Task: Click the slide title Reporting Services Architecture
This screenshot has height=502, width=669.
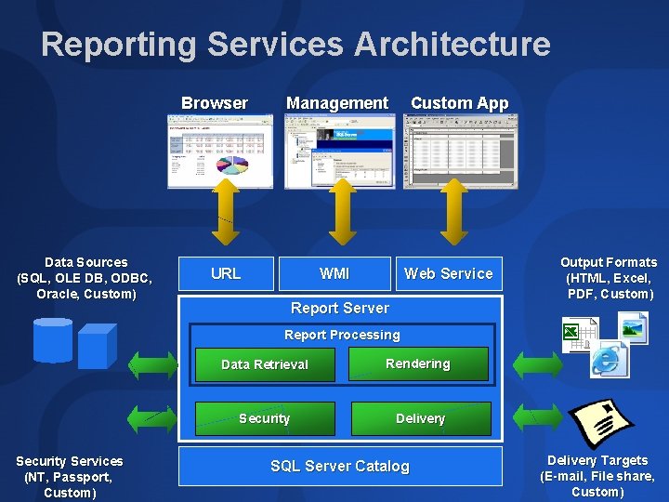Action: pyautogui.click(x=295, y=45)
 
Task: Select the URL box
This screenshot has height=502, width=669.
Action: pyautogui.click(x=226, y=273)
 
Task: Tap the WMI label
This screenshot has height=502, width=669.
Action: pyautogui.click(x=334, y=273)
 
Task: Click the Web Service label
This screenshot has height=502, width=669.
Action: pyautogui.click(x=448, y=273)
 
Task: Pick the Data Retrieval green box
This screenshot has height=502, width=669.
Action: pyautogui.click(x=264, y=364)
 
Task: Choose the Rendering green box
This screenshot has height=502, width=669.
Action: pyautogui.click(x=418, y=363)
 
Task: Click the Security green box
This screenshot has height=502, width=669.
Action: pyautogui.click(x=264, y=418)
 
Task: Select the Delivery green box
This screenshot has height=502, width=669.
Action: pyautogui.click(x=420, y=418)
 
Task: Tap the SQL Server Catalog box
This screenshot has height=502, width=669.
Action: pyautogui.click(x=340, y=467)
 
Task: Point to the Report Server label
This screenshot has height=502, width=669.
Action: pyautogui.click(x=340, y=308)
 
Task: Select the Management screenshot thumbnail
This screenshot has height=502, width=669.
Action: pyautogui.click(x=339, y=151)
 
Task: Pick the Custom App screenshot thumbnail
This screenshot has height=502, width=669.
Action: pyautogui.click(x=457, y=151)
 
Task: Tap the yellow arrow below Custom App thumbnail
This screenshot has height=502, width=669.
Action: pyautogui.click(x=453, y=212)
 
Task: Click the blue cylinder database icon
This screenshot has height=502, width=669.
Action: pyautogui.click(x=52, y=339)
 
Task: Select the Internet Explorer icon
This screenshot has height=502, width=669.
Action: pyautogui.click(x=609, y=358)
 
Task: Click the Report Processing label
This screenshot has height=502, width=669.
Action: pyautogui.click(x=342, y=335)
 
